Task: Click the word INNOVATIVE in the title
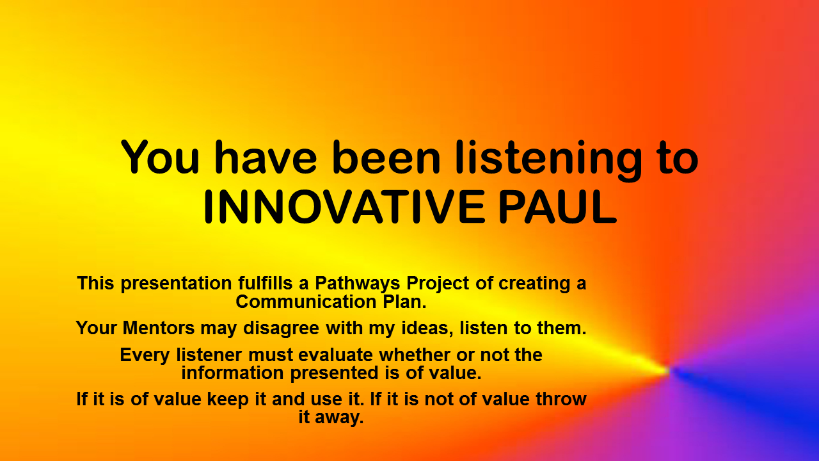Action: point(344,207)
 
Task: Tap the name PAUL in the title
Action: point(558,207)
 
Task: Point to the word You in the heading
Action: point(160,157)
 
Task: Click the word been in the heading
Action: point(386,157)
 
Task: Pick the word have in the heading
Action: point(266,157)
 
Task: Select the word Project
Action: point(438,284)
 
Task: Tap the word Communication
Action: point(306,302)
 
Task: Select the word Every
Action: point(144,355)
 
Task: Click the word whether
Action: point(414,355)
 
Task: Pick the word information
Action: point(232,373)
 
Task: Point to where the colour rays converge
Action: point(670,370)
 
